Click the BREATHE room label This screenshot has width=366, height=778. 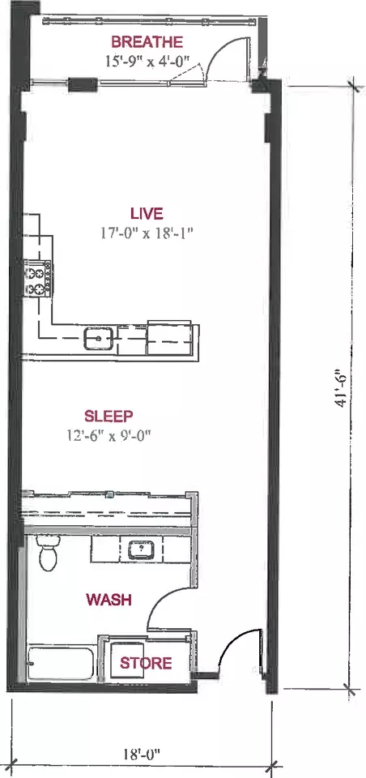pyautogui.click(x=147, y=41)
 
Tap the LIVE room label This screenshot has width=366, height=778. pyautogui.click(x=147, y=214)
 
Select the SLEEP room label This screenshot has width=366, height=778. pyautogui.click(x=109, y=415)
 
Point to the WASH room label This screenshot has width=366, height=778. pyautogui.click(x=109, y=600)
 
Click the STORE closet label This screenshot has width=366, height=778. pyautogui.click(x=146, y=663)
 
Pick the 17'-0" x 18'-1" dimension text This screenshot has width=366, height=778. pyautogui.click(x=147, y=233)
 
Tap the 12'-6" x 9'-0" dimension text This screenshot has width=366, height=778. pyautogui.click(x=109, y=435)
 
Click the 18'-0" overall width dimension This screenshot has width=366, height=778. pyautogui.click(x=142, y=754)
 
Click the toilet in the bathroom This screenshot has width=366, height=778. pyautogui.click(x=48, y=554)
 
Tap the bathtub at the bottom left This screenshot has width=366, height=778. pyautogui.click(x=61, y=663)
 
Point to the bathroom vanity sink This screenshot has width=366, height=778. pyautogui.click(x=142, y=549)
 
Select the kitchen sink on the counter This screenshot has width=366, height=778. pyautogui.click(x=99, y=339)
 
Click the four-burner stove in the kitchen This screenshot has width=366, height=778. pyautogui.click(x=39, y=280)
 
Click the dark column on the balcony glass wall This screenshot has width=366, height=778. pyautogui.click(x=82, y=85)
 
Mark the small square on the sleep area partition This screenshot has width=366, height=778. pyautogui.click(x=111, y=494)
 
